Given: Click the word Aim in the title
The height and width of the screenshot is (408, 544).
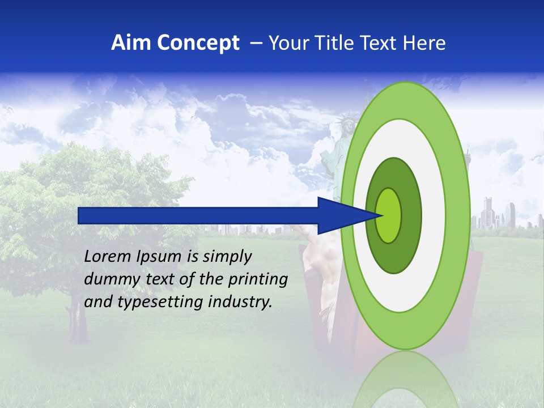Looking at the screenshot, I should click(x=132, y=43).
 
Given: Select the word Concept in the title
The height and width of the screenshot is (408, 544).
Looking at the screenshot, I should click(x=198, y=44).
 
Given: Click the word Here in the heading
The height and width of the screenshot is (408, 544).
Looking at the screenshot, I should click(x=424, y=43).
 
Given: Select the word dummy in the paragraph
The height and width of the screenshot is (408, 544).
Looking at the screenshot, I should click(x=108, y=279).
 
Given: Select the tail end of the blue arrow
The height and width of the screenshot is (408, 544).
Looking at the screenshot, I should click(x=79, y=215).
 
